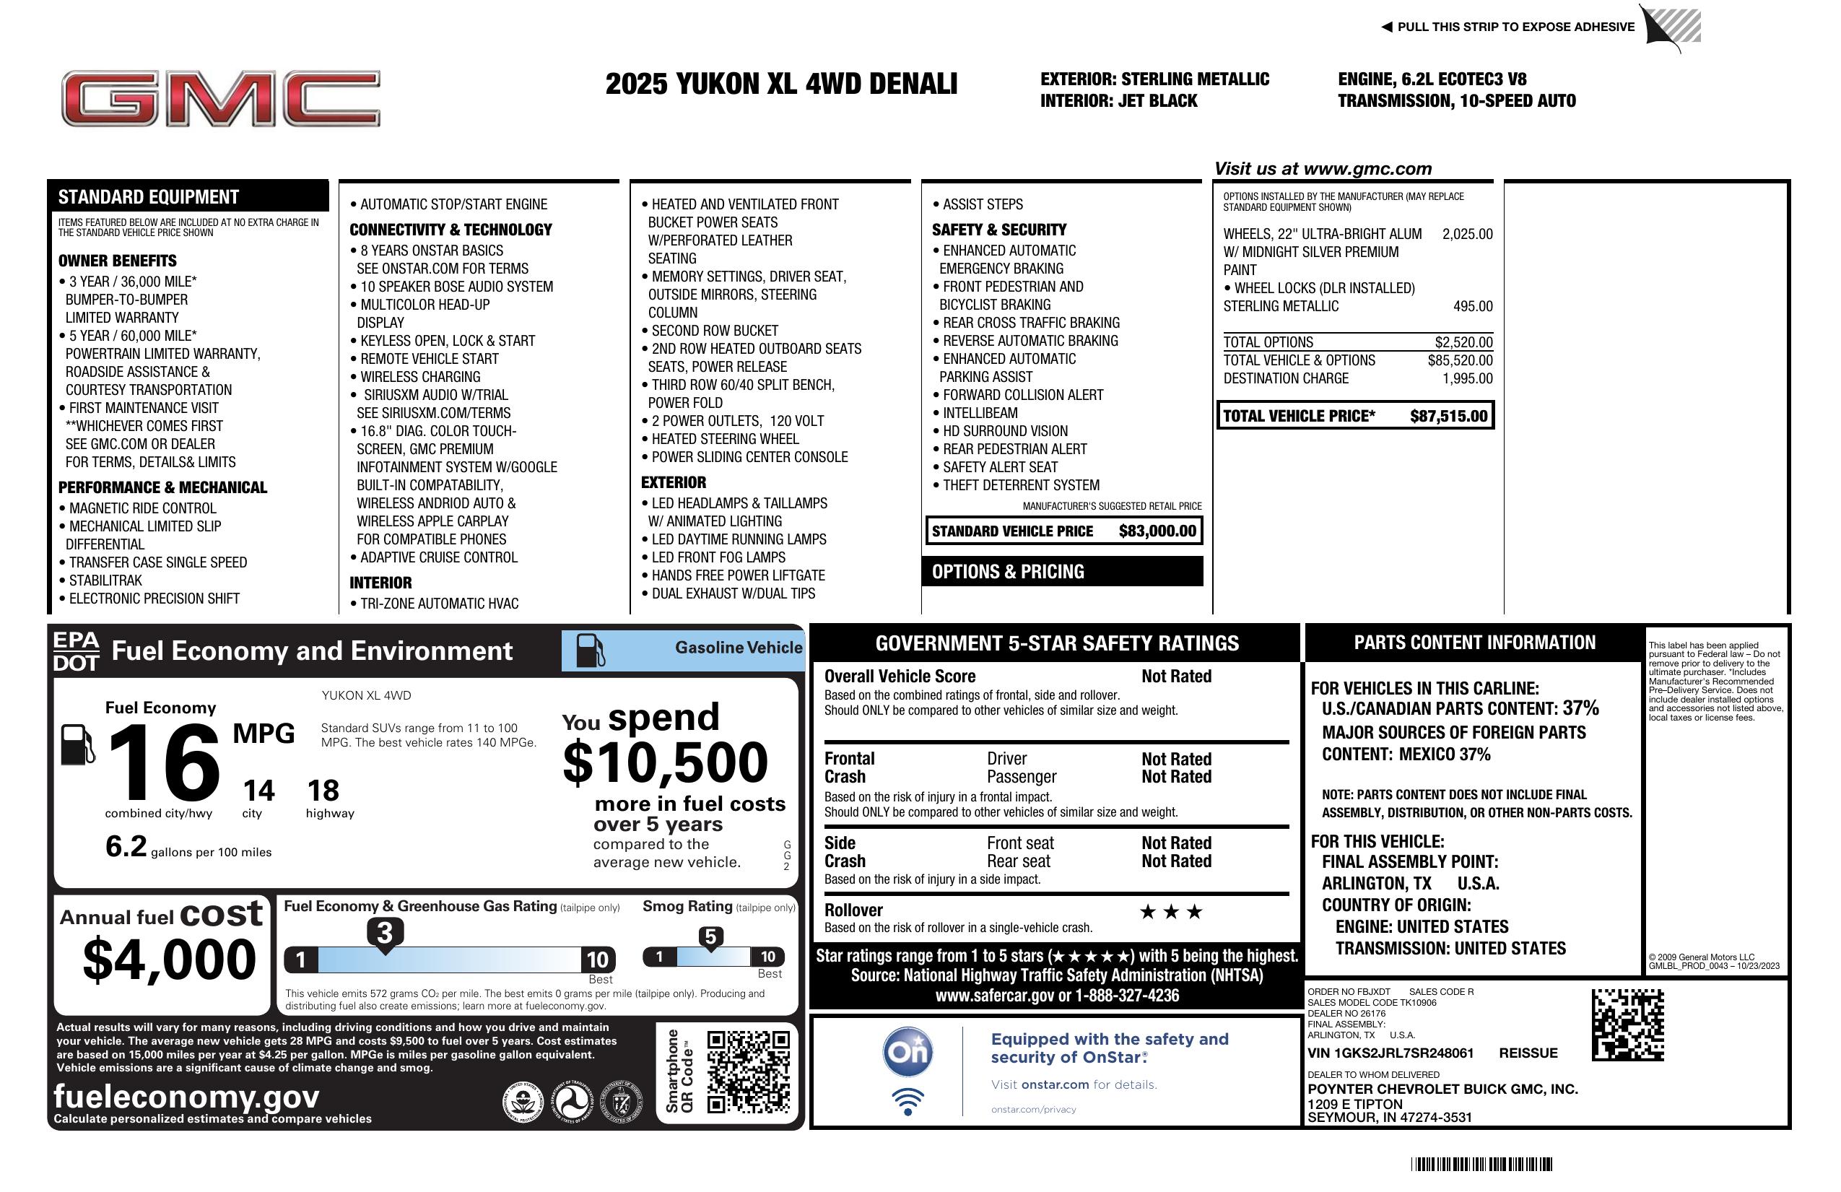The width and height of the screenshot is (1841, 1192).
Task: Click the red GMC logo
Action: pos(220,99)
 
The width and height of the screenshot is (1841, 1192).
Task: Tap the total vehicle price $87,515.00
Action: pos(1448,416)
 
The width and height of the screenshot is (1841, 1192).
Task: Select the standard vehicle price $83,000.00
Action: pos(1157,531)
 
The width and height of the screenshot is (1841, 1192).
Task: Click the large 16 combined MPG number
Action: pos(164,762)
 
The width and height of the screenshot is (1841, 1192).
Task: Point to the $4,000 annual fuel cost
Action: pos(169,960)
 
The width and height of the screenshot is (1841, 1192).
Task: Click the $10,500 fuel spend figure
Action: pos(665,762)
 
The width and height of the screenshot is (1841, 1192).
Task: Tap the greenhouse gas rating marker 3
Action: pos(384,933)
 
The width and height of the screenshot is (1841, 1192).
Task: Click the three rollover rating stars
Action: pos(1171,912)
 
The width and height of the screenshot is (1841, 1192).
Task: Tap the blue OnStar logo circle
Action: pos(908,1052)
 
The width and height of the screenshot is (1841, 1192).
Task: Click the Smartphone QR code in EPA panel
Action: pos(748,1071)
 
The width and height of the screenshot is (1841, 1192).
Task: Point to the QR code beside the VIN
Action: pos(1627,1024)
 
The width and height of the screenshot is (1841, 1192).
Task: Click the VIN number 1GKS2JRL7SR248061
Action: pos(1390,1053)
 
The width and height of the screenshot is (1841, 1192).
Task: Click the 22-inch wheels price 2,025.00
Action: pos(1467,235)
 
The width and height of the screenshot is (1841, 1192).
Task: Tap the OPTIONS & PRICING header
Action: pos(1008,572)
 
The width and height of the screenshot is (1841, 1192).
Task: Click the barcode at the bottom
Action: pos(1481,1163)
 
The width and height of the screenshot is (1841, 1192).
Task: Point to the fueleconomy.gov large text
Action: pos(186,1097)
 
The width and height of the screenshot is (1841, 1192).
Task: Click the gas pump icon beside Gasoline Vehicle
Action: pos(591,650)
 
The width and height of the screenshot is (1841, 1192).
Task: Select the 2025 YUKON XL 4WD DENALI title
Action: pos(781,84)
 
